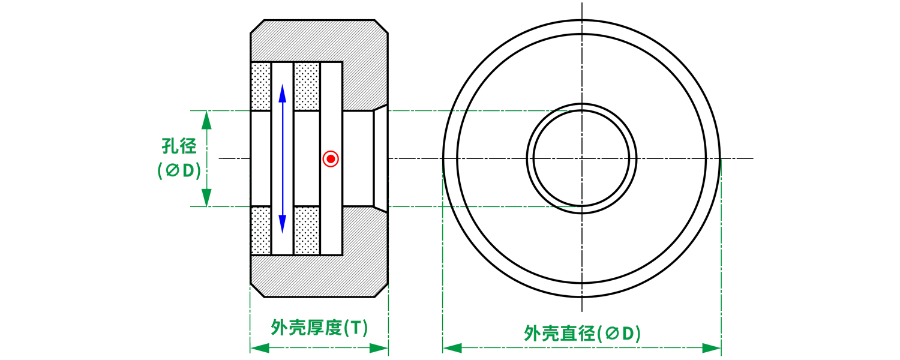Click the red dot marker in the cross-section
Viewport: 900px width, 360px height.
coord(331,159)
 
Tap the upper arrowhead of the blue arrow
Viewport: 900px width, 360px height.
coord(283,93)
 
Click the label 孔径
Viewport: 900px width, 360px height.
coord(179,146)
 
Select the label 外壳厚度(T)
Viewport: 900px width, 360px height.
coord(319,328)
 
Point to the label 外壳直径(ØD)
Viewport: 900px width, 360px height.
coord(582,334)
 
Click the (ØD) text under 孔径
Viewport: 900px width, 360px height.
coord(179,171)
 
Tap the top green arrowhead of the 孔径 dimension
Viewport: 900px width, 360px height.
coord(206,120)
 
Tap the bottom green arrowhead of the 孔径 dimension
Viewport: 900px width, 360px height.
coord(206,197)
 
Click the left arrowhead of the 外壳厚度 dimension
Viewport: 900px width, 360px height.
coord(260,348)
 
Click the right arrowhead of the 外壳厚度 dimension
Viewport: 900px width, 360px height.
coord(379,348)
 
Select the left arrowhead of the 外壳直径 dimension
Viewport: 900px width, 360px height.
coord(452,348)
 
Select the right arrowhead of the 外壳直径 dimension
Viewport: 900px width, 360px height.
coord(712,348)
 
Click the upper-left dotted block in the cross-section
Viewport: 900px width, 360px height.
coord(261,86)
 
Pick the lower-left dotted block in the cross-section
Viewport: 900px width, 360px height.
coord(261,230)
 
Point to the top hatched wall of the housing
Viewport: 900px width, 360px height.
coord(319,40)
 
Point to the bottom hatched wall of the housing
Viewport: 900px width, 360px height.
coord(319,277)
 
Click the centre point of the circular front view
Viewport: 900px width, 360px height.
coord(582,158)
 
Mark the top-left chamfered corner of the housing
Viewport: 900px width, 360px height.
coord(257,26)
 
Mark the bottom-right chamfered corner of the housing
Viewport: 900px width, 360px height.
coord(381,290)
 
